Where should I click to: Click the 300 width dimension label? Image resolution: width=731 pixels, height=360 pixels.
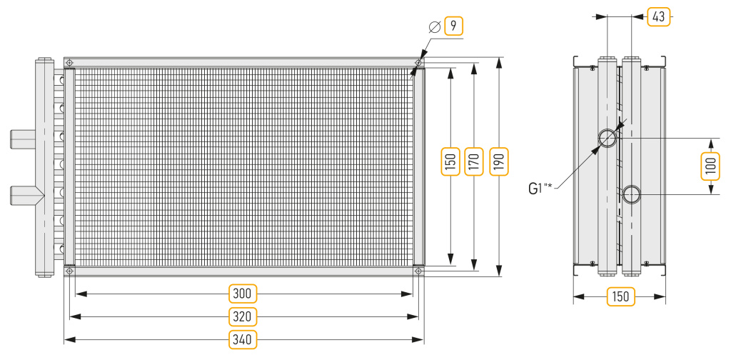pos(243,294)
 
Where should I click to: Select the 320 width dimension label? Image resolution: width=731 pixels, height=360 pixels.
pos(243,316)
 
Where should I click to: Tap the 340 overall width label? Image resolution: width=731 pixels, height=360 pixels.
pos(243,339)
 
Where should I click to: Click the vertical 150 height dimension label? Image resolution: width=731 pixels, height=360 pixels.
pos(450,161)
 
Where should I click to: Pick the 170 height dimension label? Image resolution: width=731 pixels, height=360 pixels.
pos(474,161)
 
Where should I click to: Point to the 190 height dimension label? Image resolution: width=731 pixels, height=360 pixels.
pos(499,161)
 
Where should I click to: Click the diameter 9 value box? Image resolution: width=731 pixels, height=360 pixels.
pos(453,26)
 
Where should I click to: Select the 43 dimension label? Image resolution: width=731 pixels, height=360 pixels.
pos(658,17)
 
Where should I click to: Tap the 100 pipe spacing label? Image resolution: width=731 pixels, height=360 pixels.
pos(710,166)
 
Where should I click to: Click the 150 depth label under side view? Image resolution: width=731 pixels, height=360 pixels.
pos(621,296)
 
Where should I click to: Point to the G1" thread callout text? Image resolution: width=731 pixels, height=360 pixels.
pos(541,188)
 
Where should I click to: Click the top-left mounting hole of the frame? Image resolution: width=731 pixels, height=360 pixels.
pos(69,62)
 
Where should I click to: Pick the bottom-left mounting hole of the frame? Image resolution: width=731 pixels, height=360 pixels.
pos(69,271)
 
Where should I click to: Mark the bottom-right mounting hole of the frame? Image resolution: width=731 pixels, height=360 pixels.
pos(418,271)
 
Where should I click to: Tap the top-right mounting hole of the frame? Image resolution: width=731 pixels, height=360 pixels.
pos(418,62)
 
